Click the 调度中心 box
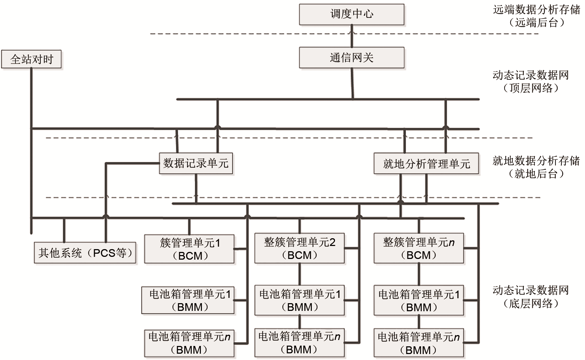[351, 14]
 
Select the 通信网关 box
[351, 58]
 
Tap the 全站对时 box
[32, 59]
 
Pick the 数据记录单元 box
[196, 163]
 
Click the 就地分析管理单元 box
[426, 164]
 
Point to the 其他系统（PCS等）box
[85, 253]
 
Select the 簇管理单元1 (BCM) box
[190, 249]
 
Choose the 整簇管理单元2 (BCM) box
[300, 248]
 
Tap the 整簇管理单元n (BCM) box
[419, 248]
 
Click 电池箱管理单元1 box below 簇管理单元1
[188, 300]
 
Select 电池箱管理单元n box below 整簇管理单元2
[300, 343]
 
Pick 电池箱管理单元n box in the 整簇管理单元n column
[419, 343]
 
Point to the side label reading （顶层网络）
[531, 88]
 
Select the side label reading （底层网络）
[531, 304]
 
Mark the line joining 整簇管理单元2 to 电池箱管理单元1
[300, 274]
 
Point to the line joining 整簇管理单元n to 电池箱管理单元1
[419, 274]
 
